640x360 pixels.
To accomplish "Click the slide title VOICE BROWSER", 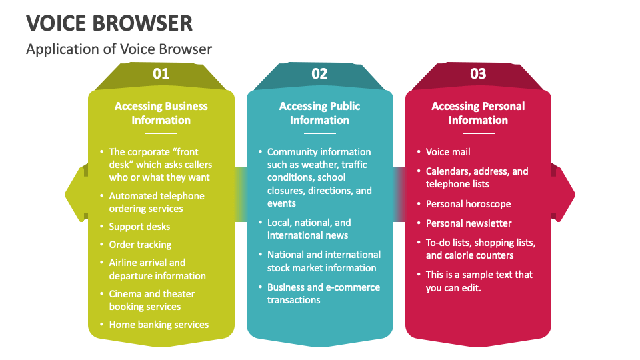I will click(x=110, y=23).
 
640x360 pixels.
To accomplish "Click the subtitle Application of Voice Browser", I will click(x=119, y=49).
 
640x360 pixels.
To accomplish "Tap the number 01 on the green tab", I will click(x=161, y=74).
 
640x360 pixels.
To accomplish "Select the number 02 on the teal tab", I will click(x=319, y=74).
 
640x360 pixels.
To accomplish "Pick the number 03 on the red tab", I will click(x=478, y=74).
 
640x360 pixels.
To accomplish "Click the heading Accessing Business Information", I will click(x=161, y=113).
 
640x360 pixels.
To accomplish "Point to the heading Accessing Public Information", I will click(x=319, y=113).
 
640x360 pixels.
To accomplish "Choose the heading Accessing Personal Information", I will click(x=478, y=113).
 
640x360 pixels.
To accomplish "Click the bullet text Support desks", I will click(x=139, y=227).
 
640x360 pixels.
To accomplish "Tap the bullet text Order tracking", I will click(x=140, y=245).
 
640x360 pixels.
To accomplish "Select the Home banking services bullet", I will click(x=159, y=325).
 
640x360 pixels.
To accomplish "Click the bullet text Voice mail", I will click(x=448, y=152).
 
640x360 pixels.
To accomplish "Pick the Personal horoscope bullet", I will click(x=468, y=204).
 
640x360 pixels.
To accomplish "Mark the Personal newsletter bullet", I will click(x=469, y=223).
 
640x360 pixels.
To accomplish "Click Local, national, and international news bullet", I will click(x=309, y=229).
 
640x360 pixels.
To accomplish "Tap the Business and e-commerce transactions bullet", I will click(x=323, y=293).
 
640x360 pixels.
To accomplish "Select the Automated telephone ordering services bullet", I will click(x=157, y=202).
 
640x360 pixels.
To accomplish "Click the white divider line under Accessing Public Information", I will click(x=319, y=133).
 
